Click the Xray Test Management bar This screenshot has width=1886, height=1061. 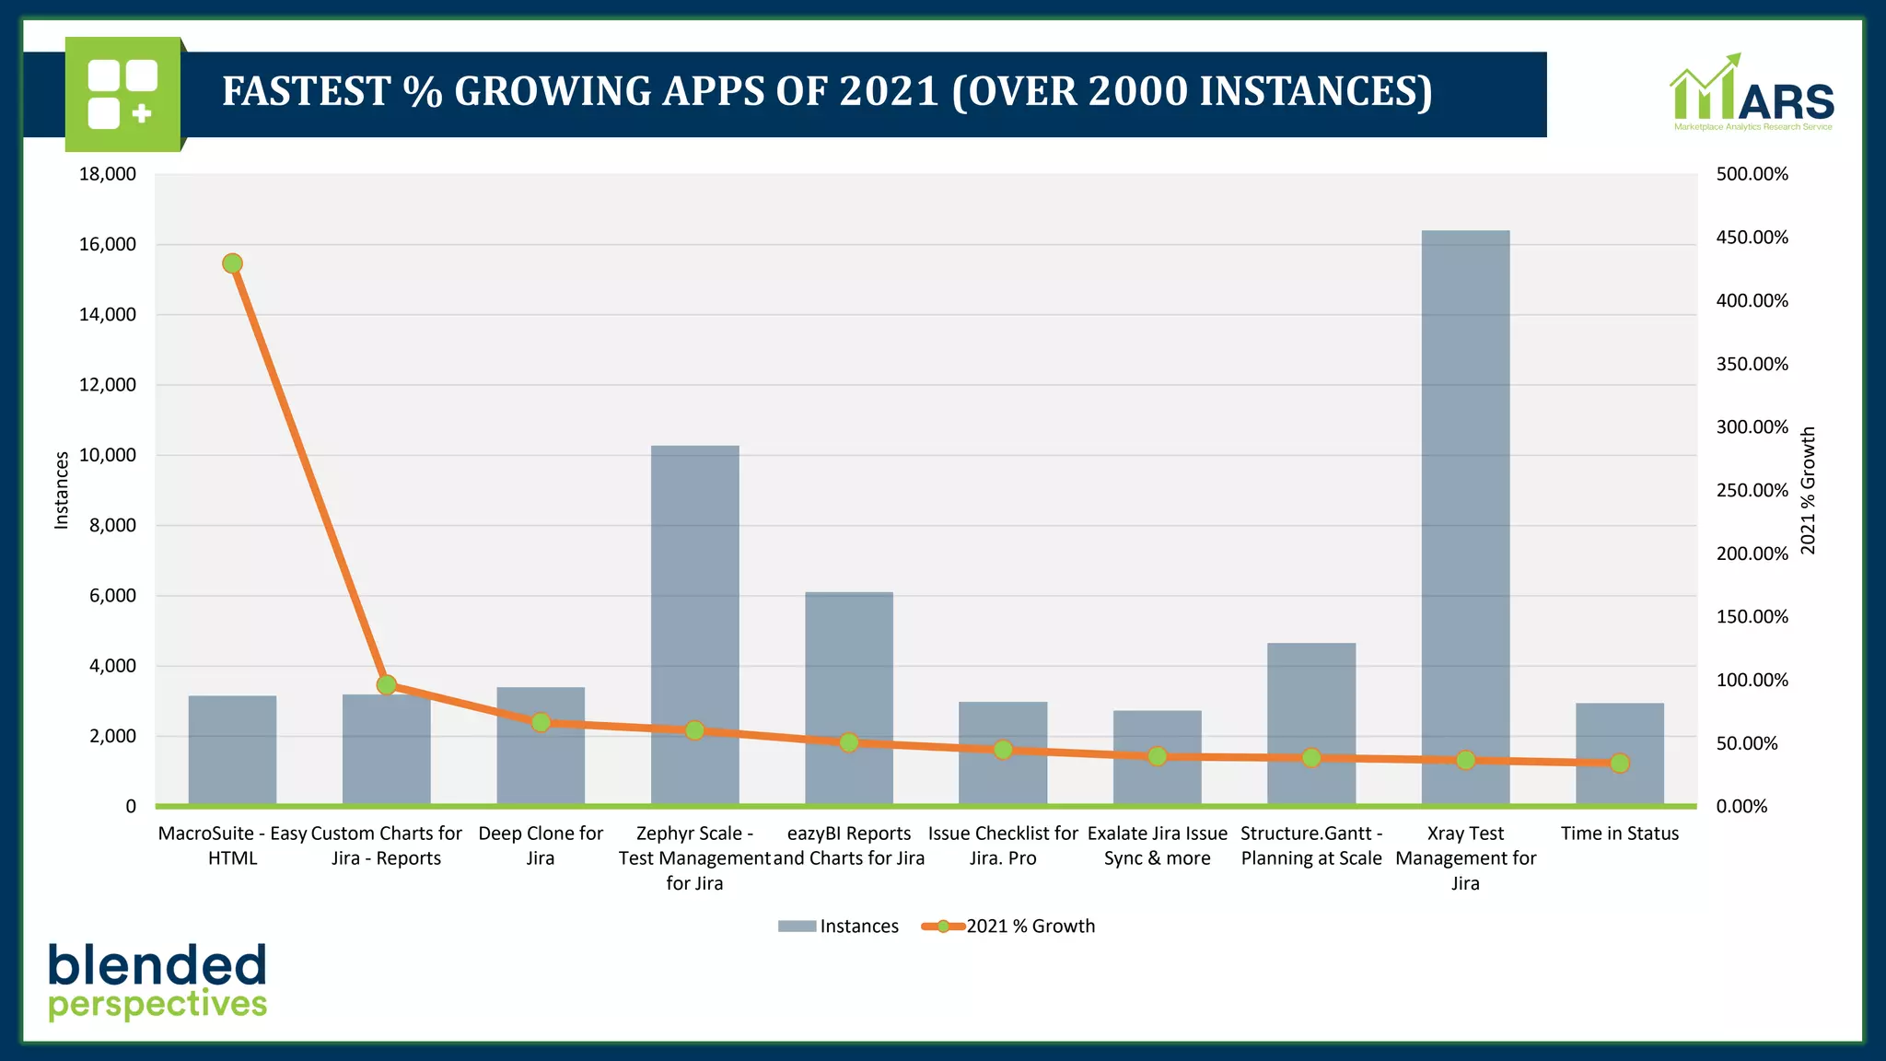click(1465, 516)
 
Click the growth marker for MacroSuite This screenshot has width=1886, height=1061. click(232, 263)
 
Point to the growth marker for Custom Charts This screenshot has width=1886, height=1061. click(387, 684)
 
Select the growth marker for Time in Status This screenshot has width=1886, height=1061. click(1619, 763)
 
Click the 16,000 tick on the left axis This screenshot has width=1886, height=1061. click(108, 244)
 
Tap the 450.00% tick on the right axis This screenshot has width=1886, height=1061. click(1752, 238)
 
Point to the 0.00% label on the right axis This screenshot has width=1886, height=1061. click(1741, 807)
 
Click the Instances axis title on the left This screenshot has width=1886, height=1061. click(62, 490)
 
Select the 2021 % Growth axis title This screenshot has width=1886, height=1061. click(1808, 490)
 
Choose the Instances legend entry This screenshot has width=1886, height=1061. click(839, 926)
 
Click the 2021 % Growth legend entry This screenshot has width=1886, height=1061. click(1009, 926)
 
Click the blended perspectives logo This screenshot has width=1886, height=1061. click(157, 981)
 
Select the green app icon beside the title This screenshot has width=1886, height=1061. click(122, 94)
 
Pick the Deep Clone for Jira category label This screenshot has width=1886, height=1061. click(541, 845)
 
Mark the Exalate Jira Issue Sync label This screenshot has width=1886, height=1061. click(1157, 845)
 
